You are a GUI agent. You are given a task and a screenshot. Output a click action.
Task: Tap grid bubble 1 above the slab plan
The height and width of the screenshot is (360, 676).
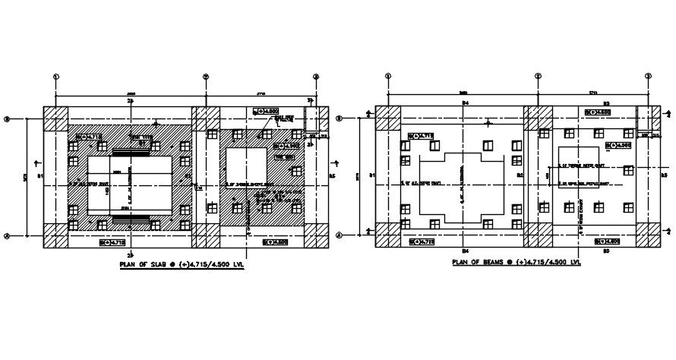click(55, 76)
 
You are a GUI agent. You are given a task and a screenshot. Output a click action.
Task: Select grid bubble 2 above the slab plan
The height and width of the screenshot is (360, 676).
click(205, 76)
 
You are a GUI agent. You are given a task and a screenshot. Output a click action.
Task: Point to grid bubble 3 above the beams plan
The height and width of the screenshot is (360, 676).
click(648, 76)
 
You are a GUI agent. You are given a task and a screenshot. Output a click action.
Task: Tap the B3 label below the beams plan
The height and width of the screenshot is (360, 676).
click(606, 250)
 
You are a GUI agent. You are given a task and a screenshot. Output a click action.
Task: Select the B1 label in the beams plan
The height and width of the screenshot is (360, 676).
click(372, 176)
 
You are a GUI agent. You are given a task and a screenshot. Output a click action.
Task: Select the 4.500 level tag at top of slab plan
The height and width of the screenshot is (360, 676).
click(261, 111)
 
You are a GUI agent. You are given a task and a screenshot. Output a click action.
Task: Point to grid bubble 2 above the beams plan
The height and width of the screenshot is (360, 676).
click(538, 76)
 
